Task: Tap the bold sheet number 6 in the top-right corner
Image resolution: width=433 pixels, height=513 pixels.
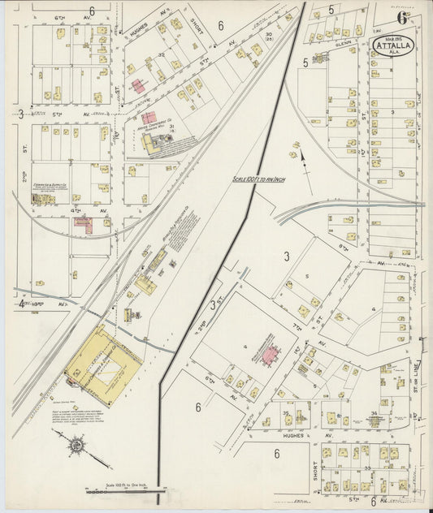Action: pos(402,17)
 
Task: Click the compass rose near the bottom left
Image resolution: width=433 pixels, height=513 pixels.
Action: pos(76,445)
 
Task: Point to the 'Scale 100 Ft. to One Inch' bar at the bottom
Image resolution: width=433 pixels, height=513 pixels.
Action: pos(127,490)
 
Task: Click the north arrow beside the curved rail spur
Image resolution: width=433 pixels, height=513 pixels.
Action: pos(302,157)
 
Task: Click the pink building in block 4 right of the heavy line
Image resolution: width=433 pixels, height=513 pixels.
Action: pos(269,351)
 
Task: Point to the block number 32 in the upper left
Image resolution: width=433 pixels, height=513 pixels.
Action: pos(161,56)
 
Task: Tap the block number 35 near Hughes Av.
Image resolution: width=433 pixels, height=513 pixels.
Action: pos(286,414)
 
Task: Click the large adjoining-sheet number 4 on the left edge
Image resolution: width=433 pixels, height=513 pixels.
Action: pos(20,305)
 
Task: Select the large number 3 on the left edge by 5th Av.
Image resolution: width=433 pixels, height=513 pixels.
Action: pos(20,114)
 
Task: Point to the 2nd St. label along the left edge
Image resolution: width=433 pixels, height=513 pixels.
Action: pos(25,176)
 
